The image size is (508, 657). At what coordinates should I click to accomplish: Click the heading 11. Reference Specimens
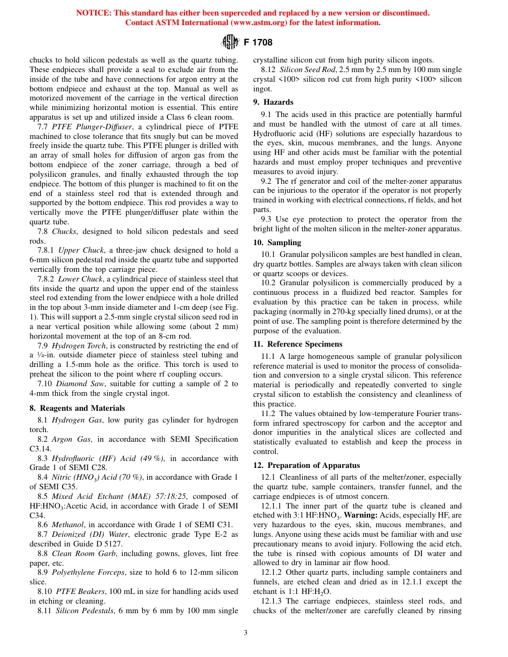point(297,344)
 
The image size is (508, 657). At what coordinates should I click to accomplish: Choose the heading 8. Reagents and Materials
point(77,408)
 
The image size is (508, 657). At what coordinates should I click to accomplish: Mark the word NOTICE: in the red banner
point(94,13)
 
